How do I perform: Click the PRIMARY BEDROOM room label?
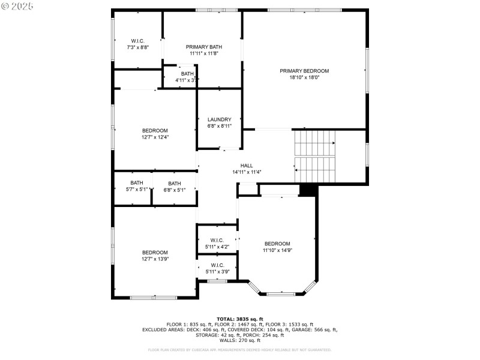click(x=304, y=71)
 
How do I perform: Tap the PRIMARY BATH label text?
click(x=204, y=47)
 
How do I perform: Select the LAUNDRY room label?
click(x=219, y=119)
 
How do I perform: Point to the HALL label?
click(x=247, y=166)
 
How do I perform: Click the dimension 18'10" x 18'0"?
click(x=304, y=77)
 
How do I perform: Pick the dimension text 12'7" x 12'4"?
click(x=155, y=137)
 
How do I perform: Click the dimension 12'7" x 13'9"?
click(x=155, y=259)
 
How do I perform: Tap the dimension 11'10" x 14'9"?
click(x=278, y=250)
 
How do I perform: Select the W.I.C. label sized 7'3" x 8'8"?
click(x=137, y=41)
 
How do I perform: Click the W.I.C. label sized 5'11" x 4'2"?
click(x=217, y=240)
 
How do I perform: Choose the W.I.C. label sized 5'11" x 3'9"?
click(x=217, y=265)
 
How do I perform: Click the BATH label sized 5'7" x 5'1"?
click(x=137, y=184)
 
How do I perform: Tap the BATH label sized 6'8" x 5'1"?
click(x=175, y=184)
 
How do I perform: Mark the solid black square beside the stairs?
click(x=307, y=190)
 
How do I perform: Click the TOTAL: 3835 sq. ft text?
click(x=240, y=319)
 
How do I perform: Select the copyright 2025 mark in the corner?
click(x=17, y=6)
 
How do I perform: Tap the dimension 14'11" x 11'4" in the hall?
click(x=247, y=172)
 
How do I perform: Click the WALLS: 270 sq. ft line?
click(x=240, y=340)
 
